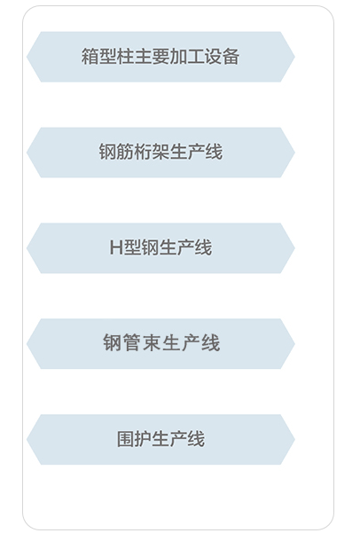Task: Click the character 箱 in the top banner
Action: tap(90, 56)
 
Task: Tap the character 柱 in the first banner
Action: tap(125, 56)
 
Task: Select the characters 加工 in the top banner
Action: tap(186, 56)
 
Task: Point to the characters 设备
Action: tap(222, 56)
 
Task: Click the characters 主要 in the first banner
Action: tap(152, 56)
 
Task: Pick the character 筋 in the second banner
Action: tap(125, 152)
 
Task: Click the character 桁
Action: tap(143, 152)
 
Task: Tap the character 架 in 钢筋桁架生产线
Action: tap(160, 152)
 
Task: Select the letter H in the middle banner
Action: tap(116, 247)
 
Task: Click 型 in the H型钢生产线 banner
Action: tap(132, 247)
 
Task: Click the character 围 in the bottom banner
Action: tap(126, 439)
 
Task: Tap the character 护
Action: tap(143, 439)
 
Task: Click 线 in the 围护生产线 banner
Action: tap(196, 439)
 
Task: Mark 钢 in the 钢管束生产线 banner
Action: tap(112, 343)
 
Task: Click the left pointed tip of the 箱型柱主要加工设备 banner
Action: tap(27, 57)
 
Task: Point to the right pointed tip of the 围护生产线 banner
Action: tap(294, 440)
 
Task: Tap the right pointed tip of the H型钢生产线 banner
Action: tap(294, 248)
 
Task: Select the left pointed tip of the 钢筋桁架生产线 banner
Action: tap(27, 153)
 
